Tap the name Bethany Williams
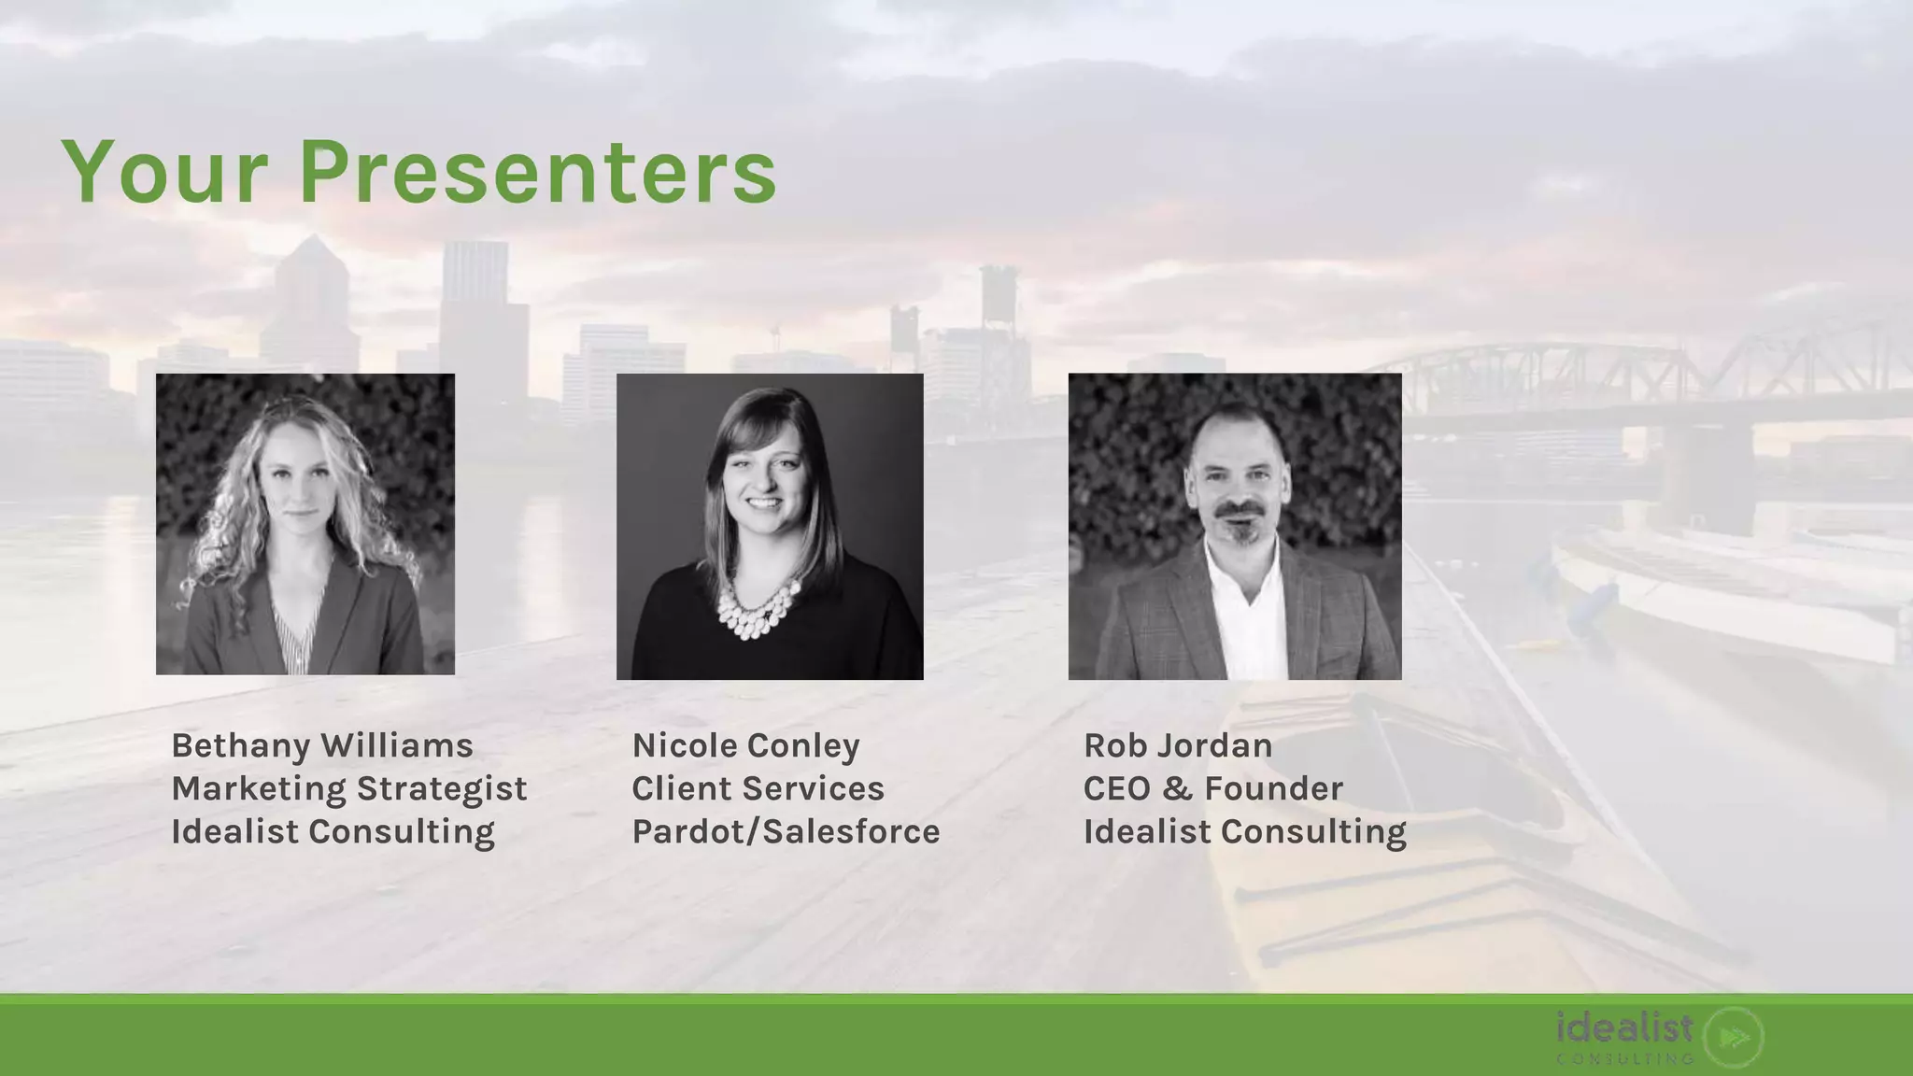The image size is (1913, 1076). tap(322, 745)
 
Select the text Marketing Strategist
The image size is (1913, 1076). tap(349, 788)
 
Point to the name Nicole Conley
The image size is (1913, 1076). tap(745, 745)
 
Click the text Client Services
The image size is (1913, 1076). tap(758, 788)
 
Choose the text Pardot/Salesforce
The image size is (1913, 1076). tap(786, 831)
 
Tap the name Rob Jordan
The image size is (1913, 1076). tap(1178, 745)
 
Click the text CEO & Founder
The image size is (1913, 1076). tap(1212, 788)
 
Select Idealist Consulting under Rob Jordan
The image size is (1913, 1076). tap(1244, 831)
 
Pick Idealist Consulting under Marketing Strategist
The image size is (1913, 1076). tap(333, 831)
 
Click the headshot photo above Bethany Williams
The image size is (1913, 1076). tap(305, 524)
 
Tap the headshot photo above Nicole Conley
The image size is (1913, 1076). tap(770, 526)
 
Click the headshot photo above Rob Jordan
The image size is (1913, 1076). tap(1235, 526)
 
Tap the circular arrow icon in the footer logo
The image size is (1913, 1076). tap(1734, 1037)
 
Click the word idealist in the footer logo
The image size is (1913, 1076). tap(1624, 1028)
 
